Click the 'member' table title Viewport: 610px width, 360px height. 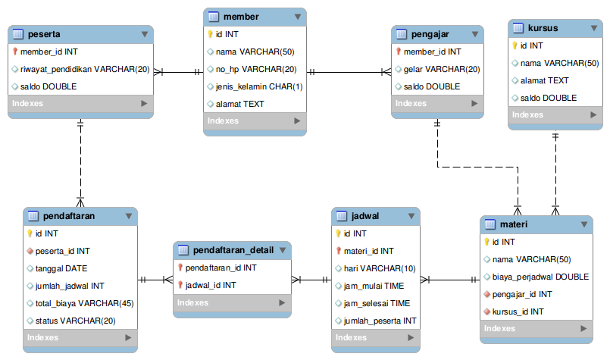pos(241,17)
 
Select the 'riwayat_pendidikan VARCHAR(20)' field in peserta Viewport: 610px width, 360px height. pos(85,69)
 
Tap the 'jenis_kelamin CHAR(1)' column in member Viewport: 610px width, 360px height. pos(259,87)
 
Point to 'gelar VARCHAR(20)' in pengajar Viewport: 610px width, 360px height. pos(442,69)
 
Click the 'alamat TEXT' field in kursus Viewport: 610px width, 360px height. pos(544,80)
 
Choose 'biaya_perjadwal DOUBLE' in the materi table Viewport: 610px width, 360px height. pos(540,277)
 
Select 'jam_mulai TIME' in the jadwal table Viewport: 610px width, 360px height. pos(374,286)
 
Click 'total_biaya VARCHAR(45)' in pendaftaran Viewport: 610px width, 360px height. pos(84,303)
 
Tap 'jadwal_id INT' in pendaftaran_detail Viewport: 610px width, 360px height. pos(211,285)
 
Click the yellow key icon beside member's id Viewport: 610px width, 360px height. pos(210,34)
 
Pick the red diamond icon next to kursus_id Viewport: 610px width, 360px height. pos(486,311)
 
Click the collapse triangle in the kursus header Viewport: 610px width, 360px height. pos(593,28)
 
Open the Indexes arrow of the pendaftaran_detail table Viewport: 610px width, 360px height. pos(282,303)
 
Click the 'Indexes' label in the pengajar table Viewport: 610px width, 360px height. pos(411,104)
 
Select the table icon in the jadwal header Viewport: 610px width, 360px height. pos(341,216)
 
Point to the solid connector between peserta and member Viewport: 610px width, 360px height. pos(178,72)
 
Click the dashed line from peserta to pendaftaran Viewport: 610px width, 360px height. pos(80,163)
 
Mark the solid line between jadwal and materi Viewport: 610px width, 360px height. pos(450,280)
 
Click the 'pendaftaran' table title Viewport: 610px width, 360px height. pos(69,216)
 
